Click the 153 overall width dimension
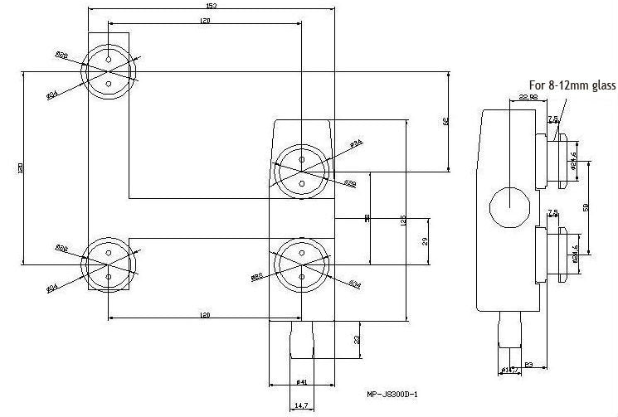[x=212, y=7]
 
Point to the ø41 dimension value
[x=303, y=381]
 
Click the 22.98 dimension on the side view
[x=528, y=98]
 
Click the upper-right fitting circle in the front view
[x=302, y=169]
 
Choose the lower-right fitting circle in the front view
[x=302, y=265]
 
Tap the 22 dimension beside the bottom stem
[x=357, y=340]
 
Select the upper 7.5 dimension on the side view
[x=552, y=119]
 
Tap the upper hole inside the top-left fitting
[x=109, y=59]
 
